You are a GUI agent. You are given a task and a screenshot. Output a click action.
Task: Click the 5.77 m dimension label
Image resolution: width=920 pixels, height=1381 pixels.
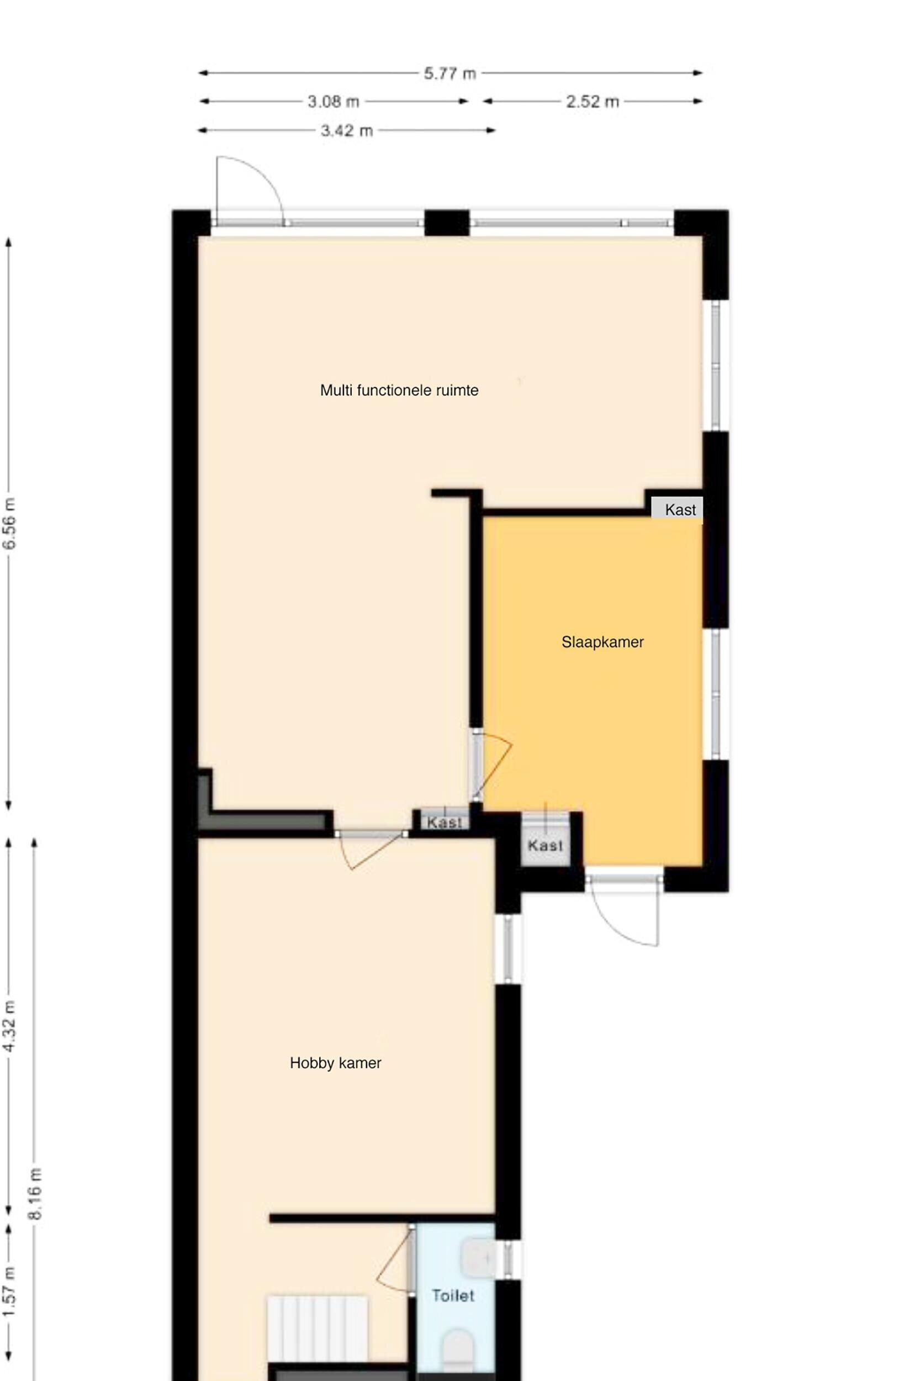(450, 74)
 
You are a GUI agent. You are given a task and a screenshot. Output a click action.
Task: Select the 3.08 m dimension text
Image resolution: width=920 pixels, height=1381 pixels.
(334, 102)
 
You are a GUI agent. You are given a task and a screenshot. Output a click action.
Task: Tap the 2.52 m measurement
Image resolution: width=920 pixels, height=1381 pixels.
(593, 102)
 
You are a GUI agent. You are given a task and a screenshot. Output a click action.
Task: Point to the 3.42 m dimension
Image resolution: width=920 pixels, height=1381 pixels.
(347, 131)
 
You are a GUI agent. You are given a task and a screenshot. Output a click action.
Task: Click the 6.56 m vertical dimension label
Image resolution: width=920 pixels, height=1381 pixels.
(10, 524)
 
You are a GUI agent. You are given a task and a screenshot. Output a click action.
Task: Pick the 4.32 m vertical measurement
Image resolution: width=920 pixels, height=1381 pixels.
(10, 1025)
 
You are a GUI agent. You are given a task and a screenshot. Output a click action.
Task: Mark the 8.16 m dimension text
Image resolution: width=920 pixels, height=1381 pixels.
(36, 1194)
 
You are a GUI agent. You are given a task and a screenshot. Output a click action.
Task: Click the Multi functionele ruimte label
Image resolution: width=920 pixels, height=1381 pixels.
(400, 391)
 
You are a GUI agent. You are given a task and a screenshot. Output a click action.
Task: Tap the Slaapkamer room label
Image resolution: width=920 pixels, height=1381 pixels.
(602, 642)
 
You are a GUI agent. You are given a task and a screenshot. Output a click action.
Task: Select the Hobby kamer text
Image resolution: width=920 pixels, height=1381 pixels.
(336, 1063)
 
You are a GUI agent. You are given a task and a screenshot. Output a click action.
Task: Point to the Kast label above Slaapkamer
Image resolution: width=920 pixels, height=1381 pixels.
(680, 510)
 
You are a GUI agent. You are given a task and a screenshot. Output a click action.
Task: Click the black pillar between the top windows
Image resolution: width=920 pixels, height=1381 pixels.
(447, 223)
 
